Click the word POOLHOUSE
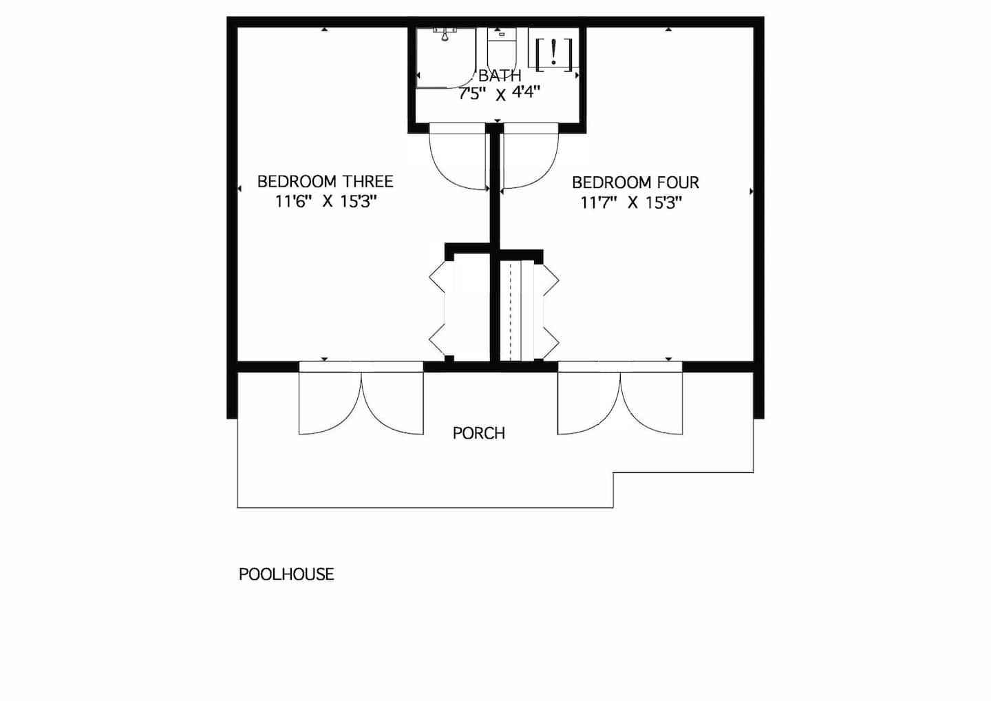286,574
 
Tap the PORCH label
479,433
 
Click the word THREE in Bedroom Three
367,181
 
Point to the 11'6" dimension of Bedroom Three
294,202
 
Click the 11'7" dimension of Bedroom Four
599,202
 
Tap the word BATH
500,76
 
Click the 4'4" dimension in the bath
526,93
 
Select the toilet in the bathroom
502,49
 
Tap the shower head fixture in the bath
445,34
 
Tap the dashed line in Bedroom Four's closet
511,311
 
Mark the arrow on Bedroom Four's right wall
751,191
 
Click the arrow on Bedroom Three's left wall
239,189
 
